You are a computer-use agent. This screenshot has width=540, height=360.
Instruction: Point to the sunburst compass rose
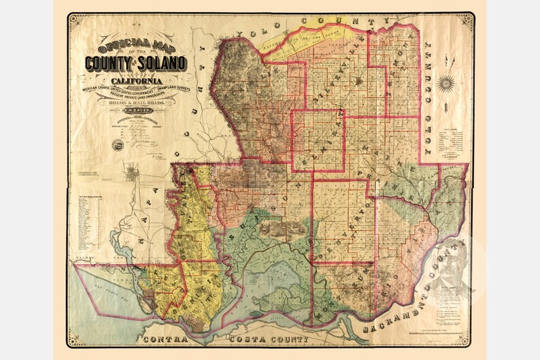point(446,83)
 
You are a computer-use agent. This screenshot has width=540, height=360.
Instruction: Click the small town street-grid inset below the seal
point(139,178)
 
